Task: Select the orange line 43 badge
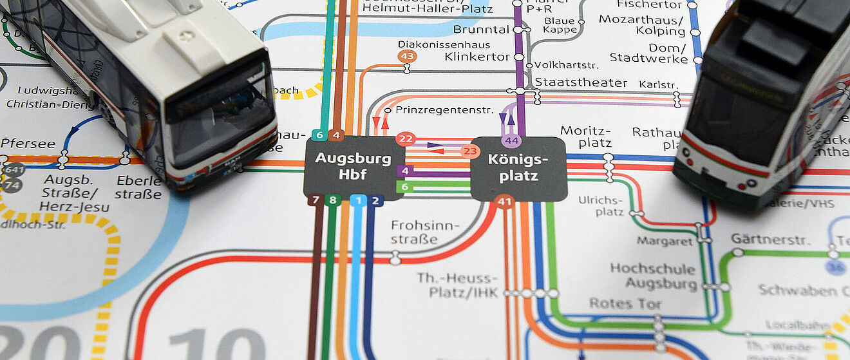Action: [x=407, y=56]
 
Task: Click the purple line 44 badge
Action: [x=512, y=140]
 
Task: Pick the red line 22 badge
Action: [x=406, y=138]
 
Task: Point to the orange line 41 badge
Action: [x=504, y=202]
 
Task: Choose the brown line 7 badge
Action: [x=314, y=200]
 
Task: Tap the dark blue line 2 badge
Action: [x=377, y=200]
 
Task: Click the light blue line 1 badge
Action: [x=359, y=200]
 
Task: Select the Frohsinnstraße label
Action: [x=425, y=232]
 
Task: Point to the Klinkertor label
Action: [x=477, y=57]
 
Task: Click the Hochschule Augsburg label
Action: [x=652, y=276]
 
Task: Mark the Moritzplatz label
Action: [x=585, y=137]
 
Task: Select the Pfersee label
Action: [x=28, y=143]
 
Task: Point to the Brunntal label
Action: [x=481, y=29]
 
